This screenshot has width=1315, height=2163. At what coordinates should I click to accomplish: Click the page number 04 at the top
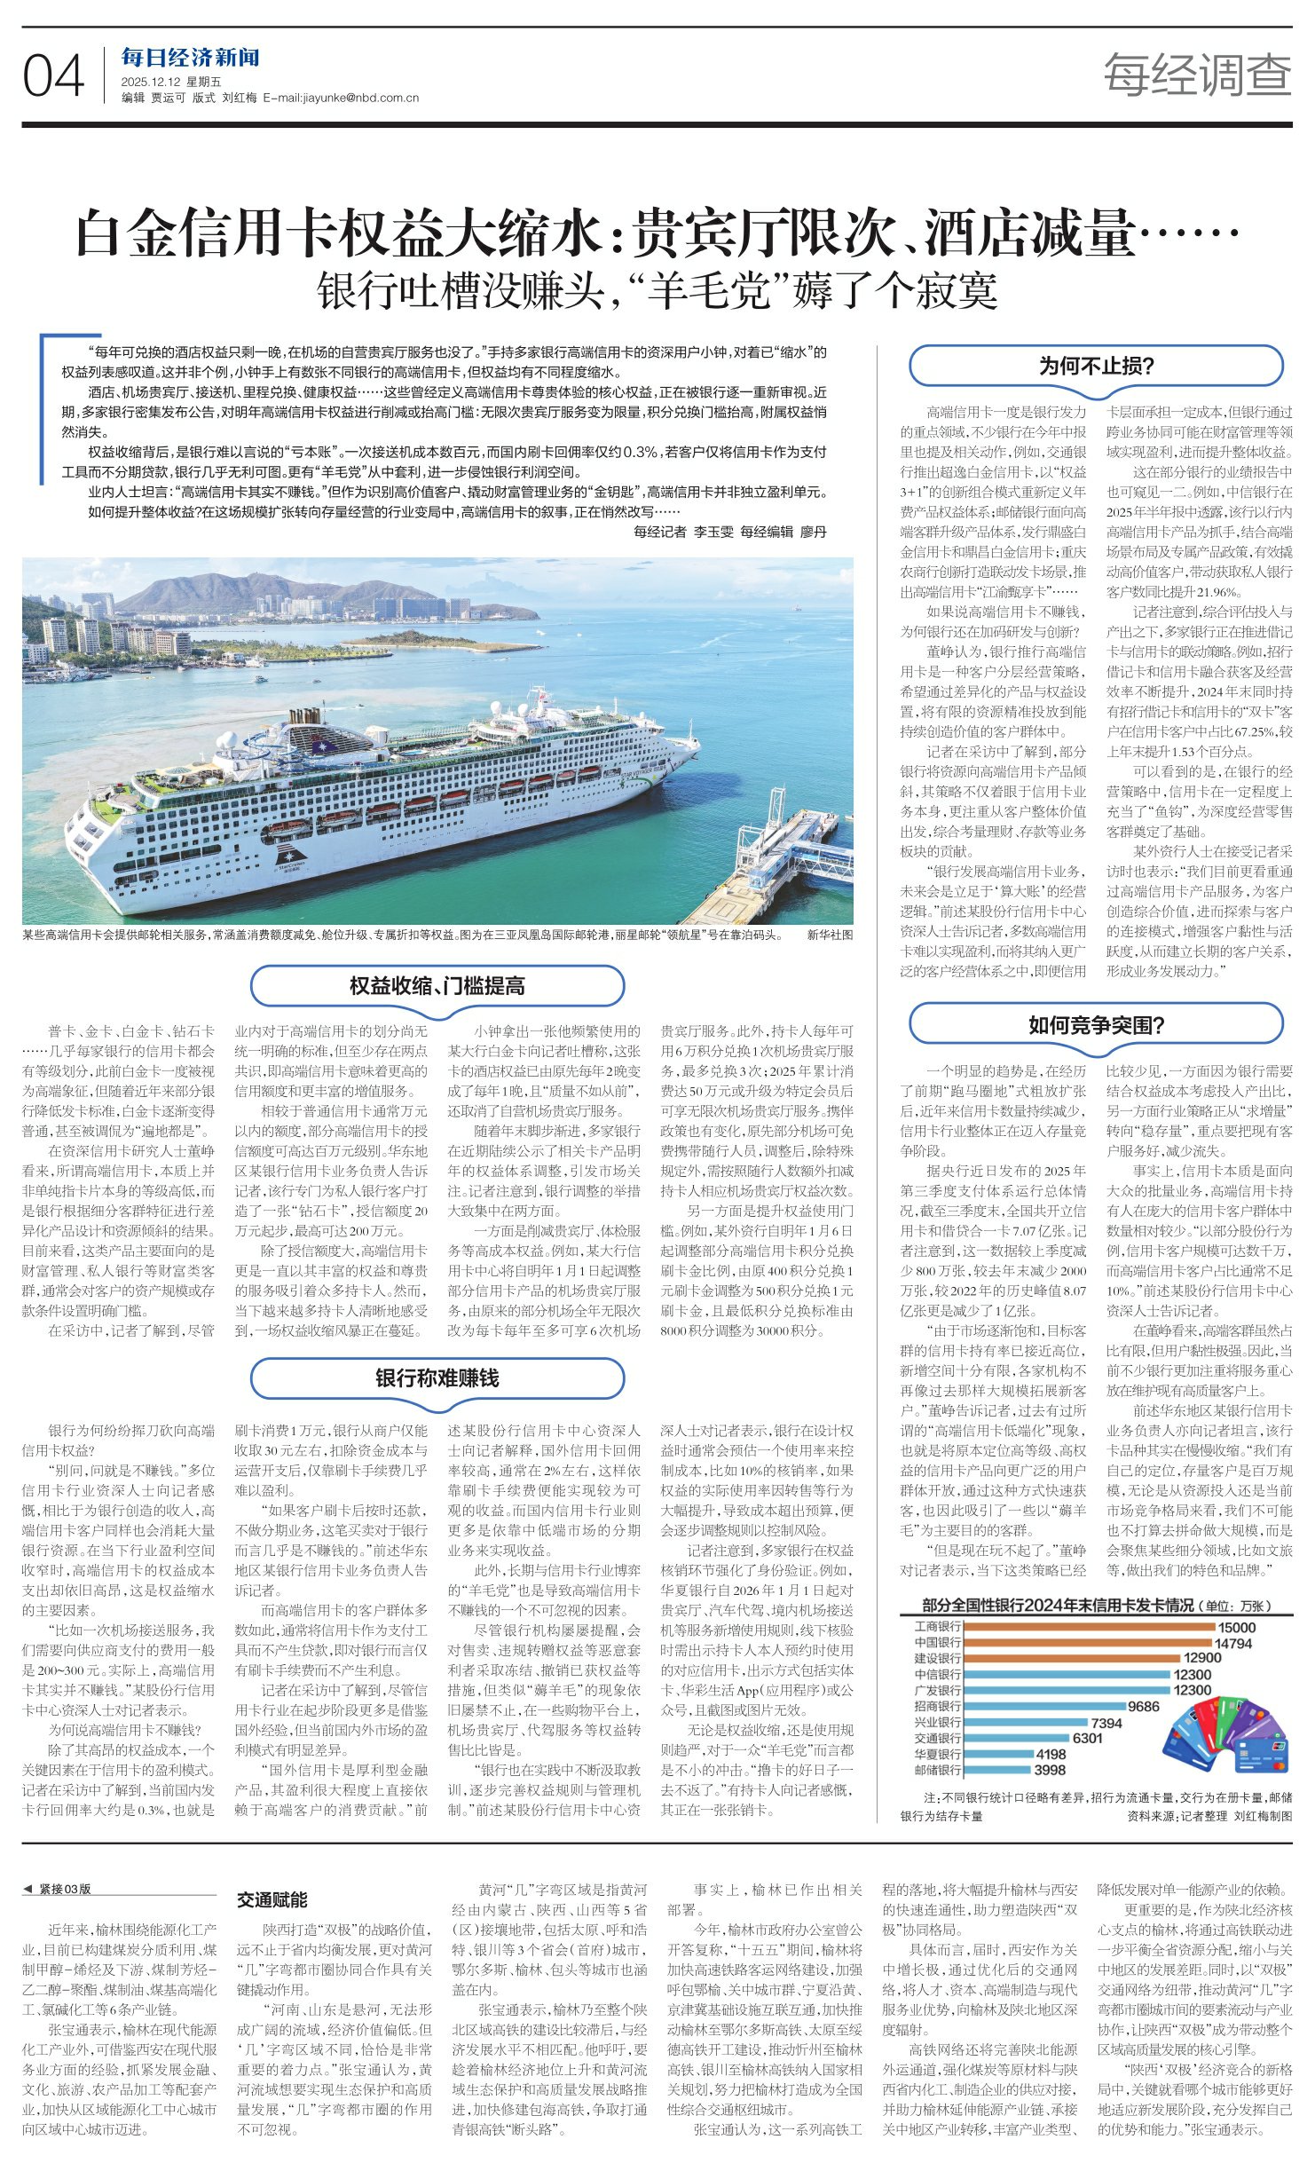pos(53,76)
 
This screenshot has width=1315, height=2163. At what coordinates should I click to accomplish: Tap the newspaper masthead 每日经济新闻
pos(191,59)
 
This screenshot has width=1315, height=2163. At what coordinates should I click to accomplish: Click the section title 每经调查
pos(1197,75)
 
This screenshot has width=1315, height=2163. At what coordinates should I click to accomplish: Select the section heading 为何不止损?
pos(1096,366)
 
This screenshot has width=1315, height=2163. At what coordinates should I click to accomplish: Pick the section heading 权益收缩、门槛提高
pos(437,986)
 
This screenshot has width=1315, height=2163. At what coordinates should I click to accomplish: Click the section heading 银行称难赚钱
pos(437,1378)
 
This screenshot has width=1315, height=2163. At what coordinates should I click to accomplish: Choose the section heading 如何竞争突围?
pos(1096,1026)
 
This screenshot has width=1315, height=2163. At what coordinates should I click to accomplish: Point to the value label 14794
pos(1233,1644)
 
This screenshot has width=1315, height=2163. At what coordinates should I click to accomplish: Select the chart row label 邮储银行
pos(937,1770)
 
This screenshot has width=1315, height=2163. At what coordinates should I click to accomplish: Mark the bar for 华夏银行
pos(997,1754)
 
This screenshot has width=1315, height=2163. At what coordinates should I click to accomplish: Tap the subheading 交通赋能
pos(272,1899)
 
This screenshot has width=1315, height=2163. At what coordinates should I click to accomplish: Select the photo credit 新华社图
pos(829,935)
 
